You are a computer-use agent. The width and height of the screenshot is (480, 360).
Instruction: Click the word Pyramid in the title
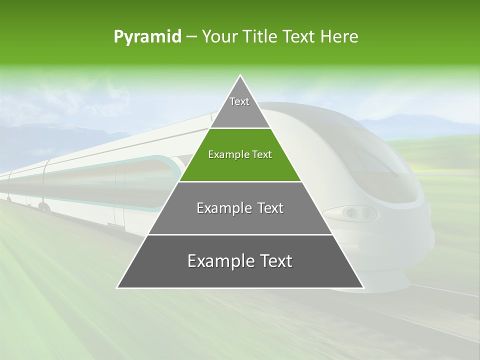147,37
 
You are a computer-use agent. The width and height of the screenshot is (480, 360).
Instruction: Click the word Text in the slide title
300,37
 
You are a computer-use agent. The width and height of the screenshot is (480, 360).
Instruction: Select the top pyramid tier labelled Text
239,102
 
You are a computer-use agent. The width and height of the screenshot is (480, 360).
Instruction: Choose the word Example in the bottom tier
218,261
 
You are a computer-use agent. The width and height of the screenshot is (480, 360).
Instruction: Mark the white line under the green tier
240,181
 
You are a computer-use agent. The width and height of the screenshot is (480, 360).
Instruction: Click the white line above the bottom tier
240,234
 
